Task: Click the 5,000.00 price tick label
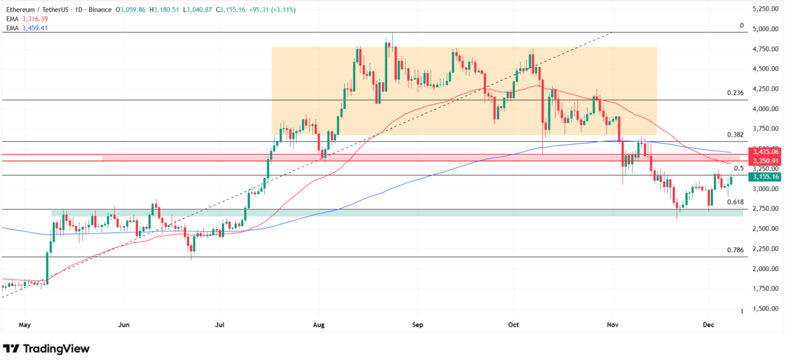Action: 765,29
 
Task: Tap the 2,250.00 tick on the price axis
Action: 765,249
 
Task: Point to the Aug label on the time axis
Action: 318,324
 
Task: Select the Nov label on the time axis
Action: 612,324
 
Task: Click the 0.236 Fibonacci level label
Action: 735,93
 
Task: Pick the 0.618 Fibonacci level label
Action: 735,202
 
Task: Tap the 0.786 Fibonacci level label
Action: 735,250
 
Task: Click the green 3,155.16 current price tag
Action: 765,177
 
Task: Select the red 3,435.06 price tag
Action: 765,152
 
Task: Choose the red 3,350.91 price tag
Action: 765,161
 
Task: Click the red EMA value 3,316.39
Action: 35,19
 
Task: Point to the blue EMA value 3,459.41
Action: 35,28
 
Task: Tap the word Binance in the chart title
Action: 100,9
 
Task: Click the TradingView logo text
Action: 56,349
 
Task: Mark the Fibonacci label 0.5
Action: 739,169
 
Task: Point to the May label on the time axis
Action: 25,324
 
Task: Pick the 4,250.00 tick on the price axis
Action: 765,89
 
